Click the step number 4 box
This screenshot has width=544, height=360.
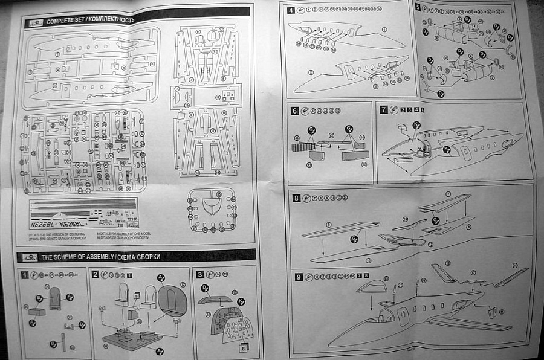[x=291, y=10]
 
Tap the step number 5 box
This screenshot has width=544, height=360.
[x=418, y=8]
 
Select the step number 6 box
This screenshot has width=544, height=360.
[x=295, y=111]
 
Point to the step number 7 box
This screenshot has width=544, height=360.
[x=384, y=110]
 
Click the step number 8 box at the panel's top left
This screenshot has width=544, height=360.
[x=296, y=198]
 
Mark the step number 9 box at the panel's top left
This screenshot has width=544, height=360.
[x=299, y=277]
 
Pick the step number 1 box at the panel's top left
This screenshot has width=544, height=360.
[x=25, y=275]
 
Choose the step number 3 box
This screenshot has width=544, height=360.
[x=200, y=274]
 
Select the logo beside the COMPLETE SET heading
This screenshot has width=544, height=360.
[x=31, y=24]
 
